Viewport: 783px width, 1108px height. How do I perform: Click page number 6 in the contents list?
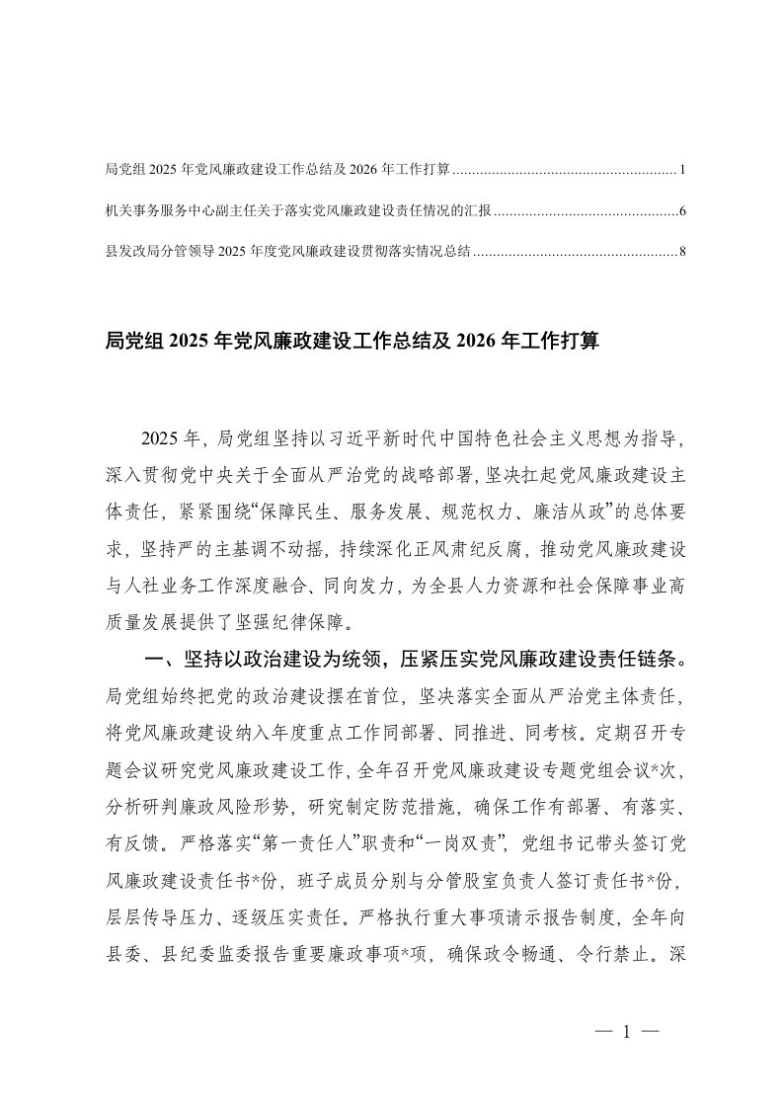(682, 211)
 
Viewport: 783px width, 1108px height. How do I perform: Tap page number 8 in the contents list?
(682, 252)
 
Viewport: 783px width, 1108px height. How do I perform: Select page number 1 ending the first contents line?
(682, 171)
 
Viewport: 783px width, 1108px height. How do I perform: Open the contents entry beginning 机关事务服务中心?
(297, 211)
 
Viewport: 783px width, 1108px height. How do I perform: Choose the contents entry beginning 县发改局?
(286, 252)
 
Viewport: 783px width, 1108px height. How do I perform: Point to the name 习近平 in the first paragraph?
(379, 436)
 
